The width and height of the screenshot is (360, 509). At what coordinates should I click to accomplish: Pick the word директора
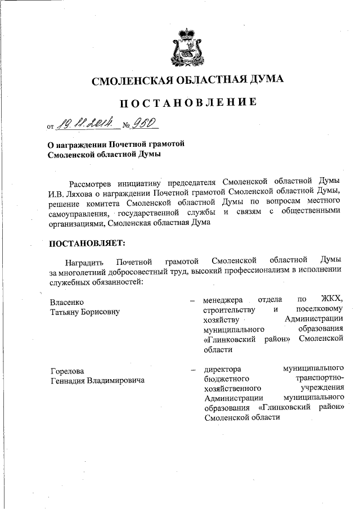click(x=223, y=370)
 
